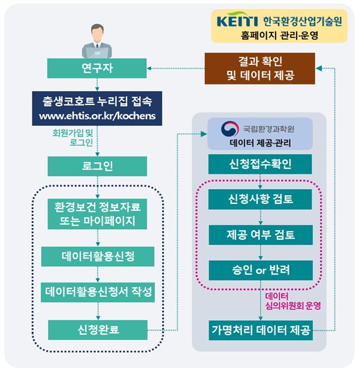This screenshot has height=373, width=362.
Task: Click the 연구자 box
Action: tap(96, 68)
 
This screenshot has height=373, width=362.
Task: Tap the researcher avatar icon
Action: tap(97, 41)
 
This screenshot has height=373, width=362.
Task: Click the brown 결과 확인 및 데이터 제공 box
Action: tap(260, 68)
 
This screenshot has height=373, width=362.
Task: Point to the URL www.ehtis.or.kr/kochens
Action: tap(97, 116)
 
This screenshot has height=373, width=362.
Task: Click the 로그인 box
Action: tap(97, 166)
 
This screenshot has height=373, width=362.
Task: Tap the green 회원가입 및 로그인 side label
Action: tap(73, 138)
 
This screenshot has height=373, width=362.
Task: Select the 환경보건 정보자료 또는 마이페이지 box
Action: tap(97, 214)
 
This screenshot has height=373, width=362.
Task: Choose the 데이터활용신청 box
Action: tap(98, 257)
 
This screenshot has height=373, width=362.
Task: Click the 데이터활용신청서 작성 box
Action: tap(98, 292)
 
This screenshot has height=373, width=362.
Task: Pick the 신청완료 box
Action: tap(98, 330)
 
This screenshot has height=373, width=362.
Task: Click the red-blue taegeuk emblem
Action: tap(230, 129)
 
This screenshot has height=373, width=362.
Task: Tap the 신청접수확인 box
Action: tap(260, 164)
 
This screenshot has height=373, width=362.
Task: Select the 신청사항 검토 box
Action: tap(260, 199)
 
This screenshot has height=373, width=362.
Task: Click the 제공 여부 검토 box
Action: tap(261, 235)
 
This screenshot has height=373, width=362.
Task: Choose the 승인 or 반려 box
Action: tap(261, 270)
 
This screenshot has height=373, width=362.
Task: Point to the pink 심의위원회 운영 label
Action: tap(293, 306)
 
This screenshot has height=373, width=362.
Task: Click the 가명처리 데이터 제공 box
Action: tap(261, 330)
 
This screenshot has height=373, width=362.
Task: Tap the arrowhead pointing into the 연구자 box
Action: tap(149, 68)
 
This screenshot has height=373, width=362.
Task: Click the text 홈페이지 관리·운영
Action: tap(279, 36)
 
